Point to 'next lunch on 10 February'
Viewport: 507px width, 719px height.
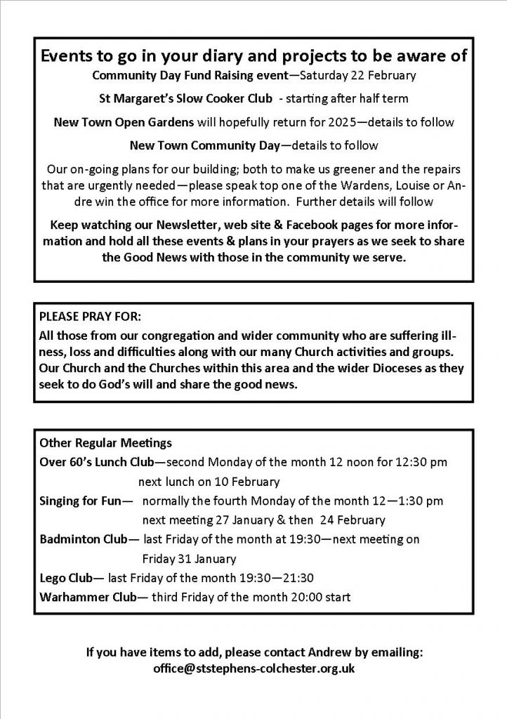tap(209, 482)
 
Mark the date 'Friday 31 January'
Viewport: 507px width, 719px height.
tap(189, 559)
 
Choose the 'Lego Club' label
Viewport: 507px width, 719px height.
tap(67, 579)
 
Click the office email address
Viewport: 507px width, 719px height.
tap(253, 668)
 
